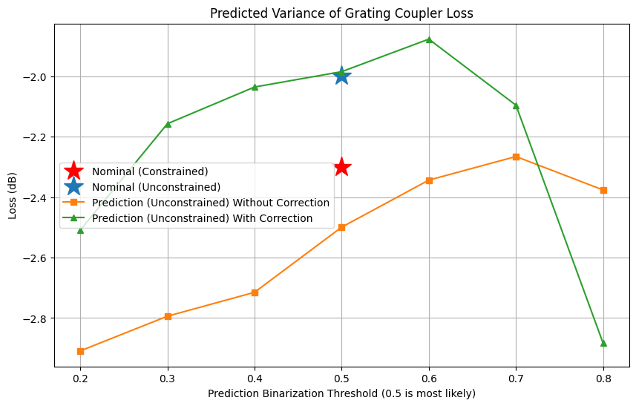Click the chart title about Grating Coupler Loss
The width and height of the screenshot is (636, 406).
(341, 13)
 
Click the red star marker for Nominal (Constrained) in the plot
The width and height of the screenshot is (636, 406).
(341, 167)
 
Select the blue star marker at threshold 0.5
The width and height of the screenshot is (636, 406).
(341, 75)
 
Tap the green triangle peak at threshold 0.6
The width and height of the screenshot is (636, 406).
(429, 39)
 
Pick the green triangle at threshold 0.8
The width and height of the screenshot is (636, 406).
(603, 343)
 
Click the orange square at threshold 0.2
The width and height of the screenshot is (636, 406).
(80, 351)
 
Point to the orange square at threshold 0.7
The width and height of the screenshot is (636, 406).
(516, 157)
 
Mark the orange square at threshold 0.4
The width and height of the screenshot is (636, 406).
(255, 292)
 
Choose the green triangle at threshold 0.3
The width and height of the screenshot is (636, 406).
(168, 123)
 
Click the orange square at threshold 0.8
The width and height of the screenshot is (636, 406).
(603, 190)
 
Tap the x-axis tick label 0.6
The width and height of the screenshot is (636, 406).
(429, 377)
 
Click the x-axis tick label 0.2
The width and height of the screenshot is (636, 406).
(80, 377)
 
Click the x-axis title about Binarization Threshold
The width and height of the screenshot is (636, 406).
(341, 393)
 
